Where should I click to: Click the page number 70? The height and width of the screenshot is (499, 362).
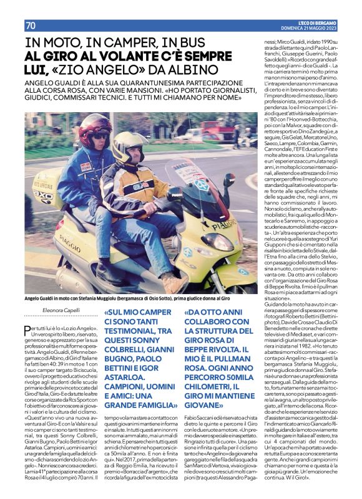click(31, 25)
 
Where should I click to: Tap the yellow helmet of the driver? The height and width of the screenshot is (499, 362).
click(130, 145)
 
